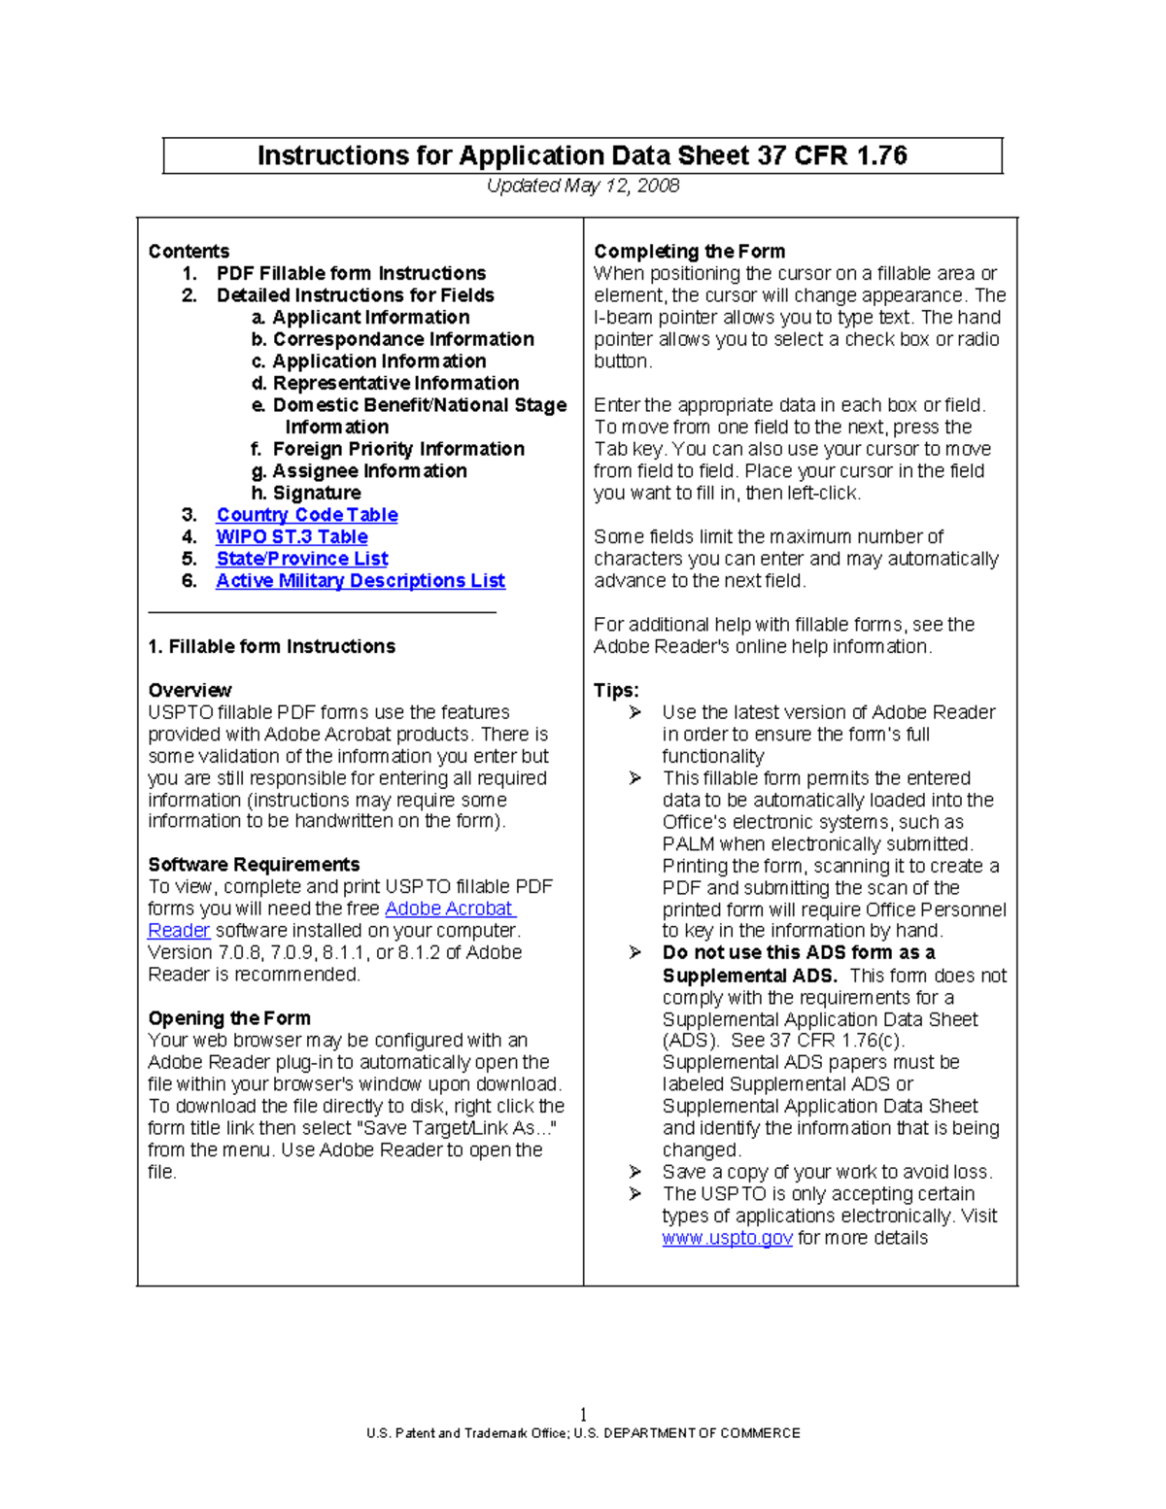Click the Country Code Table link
tap(306, 515)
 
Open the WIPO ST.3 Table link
tap(291, 537)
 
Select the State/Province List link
tap(301, 559)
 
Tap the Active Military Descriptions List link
tap(360, 581)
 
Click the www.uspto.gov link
tap(727, 1239)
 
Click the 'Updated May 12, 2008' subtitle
tap(582, 186)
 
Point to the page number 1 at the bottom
tap(583, 1414)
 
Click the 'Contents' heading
tap(189, 252)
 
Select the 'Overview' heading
tap(189, 691)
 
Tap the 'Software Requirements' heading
tap(254, 865)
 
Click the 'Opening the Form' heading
tap(229, 1018)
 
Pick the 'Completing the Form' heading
tap(689, 252)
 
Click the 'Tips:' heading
tap(616, 691)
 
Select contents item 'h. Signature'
tap(306, 494)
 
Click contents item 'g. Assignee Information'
tap(360, 471)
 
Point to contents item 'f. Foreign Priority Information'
tap(388, 449)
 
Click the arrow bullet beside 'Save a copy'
tap(635, 1172)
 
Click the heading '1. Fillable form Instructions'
tap(271, 647)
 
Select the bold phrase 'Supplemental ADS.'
tap(749, 976)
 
